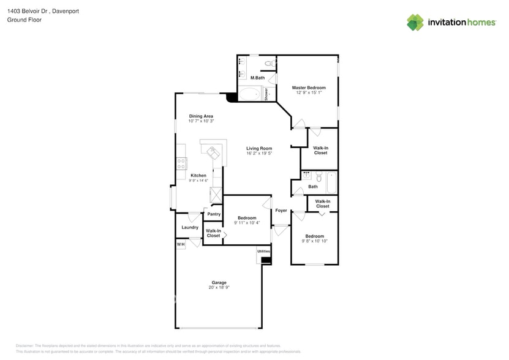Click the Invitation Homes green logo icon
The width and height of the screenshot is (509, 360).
click(x=415, y=23)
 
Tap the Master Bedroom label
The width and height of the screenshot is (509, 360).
click(x=308, y=88)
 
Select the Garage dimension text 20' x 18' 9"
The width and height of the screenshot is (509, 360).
click(x=219, y=287)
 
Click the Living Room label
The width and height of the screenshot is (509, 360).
click(x=259, y=148)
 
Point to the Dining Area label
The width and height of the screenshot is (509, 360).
click(x=201, y=116)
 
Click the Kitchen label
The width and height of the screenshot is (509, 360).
click(x=198, y=175)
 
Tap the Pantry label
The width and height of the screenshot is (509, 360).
click(x=214, y=214)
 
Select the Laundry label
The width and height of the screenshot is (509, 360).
click(x=190, y=227)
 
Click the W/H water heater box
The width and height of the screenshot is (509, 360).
click(x=181, y=245)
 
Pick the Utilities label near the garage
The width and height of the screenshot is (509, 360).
click(x=263, y=251)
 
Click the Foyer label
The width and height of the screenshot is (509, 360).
click(x=281, y=210)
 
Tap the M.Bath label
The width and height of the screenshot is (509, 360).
click(x=257, y=78)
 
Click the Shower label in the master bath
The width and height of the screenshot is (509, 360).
click(x=266, y=94)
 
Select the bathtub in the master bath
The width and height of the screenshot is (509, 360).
click(x=249, y=94)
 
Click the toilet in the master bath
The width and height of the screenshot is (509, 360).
click(x=268, y=64)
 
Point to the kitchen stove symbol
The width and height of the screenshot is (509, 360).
click(x=181, y=163)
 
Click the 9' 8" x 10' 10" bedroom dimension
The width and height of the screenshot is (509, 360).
click(x=314, y=241)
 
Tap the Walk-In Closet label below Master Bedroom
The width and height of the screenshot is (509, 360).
click(x=320, y=150)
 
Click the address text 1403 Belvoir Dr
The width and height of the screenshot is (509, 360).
click(x=30, y=11)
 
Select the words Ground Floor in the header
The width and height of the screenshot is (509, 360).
click(x=21, y=20)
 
